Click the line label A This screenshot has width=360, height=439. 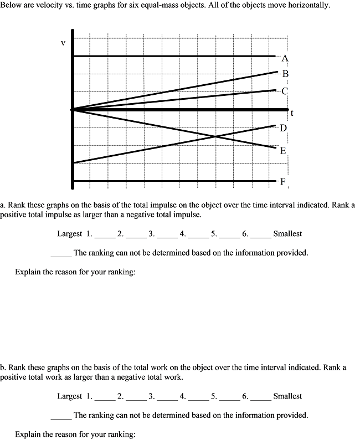(x=285, y=58)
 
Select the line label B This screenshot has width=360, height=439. (x=285, y=74)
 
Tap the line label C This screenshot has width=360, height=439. (x=285, y=91)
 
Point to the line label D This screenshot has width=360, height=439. (x=283, y=128)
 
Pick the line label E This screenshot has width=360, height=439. (x=283, y=150)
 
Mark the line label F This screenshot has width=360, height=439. (x=283, y=181)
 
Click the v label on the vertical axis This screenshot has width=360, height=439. (x=63, y=43)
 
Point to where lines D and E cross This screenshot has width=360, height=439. (x=214, y=136)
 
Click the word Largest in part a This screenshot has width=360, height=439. (x=70, y=234)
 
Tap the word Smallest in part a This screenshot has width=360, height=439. (x=287, y=234)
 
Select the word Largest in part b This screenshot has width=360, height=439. (x=70, y=396)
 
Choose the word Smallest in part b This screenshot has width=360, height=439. (x=287, y=396)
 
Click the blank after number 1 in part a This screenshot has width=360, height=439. (x=105, y=235)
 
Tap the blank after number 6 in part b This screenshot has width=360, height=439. (x=260, y=397)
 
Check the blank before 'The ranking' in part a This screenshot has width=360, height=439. (x=61, y=254)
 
